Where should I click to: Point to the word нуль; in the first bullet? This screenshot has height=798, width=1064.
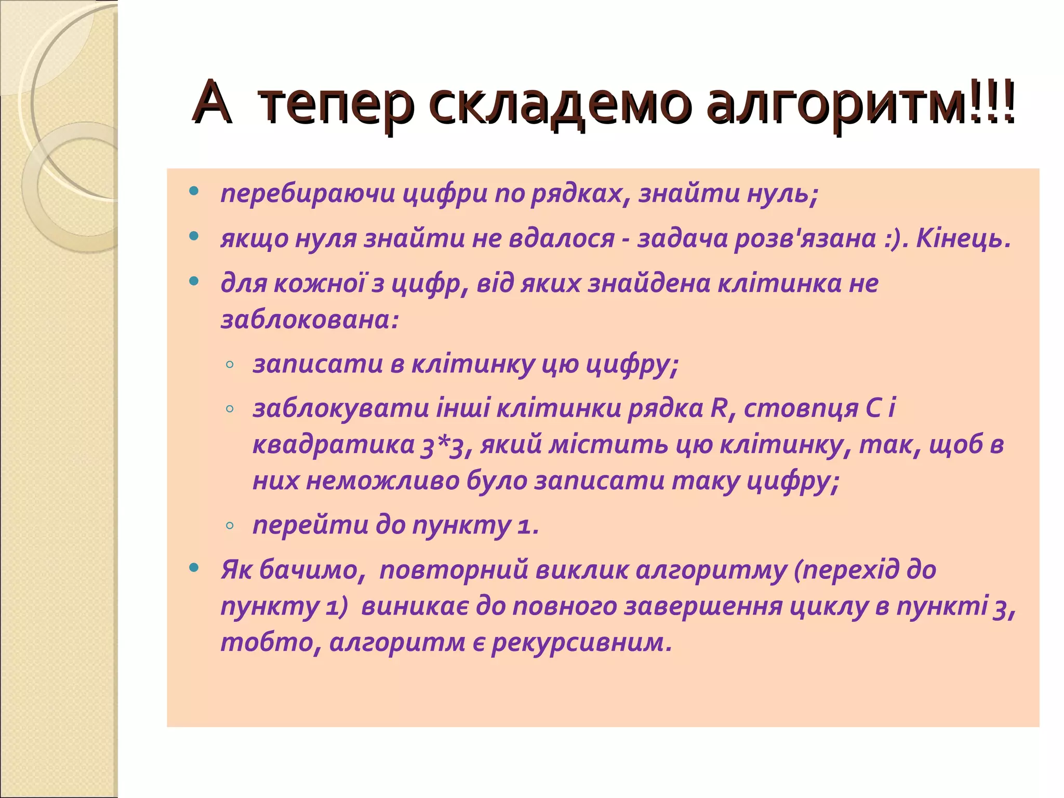[782, 194]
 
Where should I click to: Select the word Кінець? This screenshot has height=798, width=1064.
[963, 238]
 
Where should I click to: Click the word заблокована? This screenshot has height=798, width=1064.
[310, 320]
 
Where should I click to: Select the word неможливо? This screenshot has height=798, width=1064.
[382, 481]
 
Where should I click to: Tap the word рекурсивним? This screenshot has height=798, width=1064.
[582, 643]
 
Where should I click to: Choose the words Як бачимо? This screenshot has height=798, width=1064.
[289, 570]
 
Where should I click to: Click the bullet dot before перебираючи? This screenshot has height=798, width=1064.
[194, 191]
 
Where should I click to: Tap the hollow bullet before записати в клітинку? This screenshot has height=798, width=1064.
[230, 365]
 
